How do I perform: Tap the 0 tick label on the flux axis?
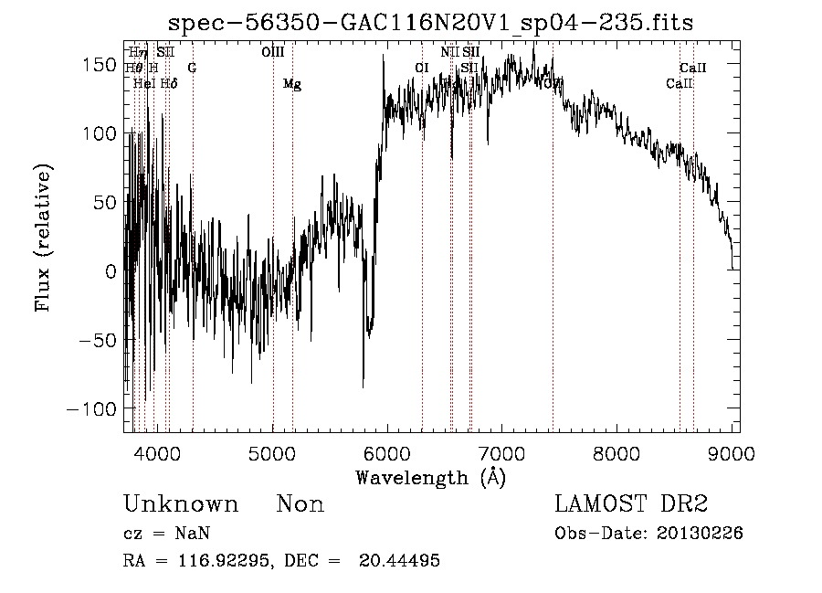point(111,271)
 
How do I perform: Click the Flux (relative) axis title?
point(44,238)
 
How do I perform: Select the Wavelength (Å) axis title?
point(430,477)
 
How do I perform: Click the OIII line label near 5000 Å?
point(273,53)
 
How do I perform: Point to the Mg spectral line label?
point(292,84)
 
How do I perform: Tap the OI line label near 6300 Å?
point(422,68)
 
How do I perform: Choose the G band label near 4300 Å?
point(192,68)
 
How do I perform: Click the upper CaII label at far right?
point(693,68)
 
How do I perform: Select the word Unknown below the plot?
point(181,504)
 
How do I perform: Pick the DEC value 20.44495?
point(399,561)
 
